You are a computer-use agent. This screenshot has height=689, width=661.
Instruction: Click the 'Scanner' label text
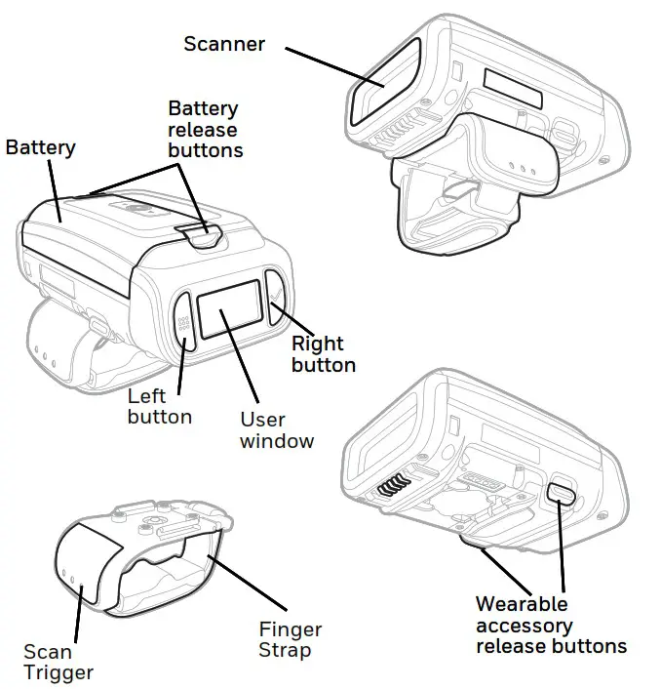click(224, 44)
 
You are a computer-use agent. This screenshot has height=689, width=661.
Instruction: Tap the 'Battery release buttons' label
click(205, 129)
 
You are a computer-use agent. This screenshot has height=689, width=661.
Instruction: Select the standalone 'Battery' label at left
click(41, 147)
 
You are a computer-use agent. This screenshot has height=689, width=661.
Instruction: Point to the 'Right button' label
click(323, 354)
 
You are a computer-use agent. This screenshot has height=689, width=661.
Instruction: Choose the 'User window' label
click(277, 430)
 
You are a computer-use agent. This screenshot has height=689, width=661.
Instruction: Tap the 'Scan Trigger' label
click(58, 662)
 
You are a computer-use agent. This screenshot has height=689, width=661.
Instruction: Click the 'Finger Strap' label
click(290, 640)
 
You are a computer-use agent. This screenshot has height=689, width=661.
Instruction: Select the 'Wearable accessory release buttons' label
click(550, 625)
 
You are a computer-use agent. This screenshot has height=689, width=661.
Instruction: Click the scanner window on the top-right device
click(384, 83)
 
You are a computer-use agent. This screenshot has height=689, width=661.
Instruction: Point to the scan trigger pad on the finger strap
click(83, 572)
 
